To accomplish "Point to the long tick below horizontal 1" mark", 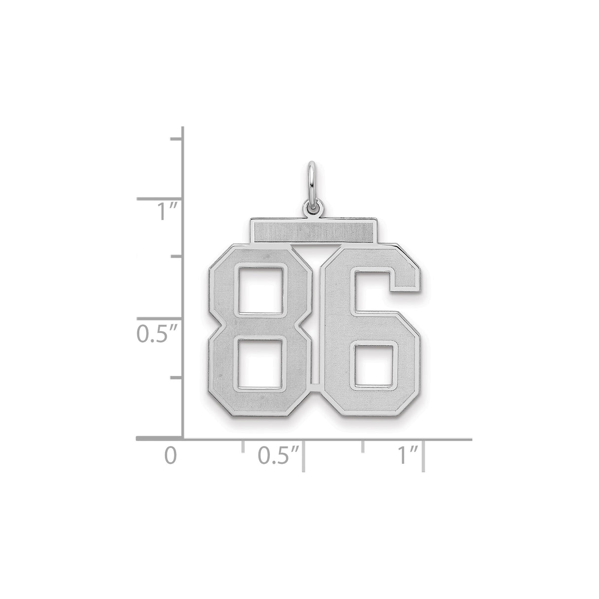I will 424,456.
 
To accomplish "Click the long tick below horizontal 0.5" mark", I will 303,456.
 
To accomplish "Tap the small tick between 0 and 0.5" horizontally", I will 242,446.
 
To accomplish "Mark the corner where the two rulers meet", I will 184,438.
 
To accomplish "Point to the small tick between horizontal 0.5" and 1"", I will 363,446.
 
